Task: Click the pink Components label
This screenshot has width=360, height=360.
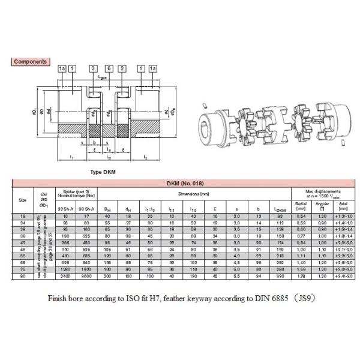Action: coord(31,62)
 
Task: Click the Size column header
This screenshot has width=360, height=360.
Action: coord(22,200)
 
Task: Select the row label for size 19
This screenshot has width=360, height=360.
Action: coord(22,215)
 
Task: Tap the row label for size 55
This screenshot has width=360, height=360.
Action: coord(22,254)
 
